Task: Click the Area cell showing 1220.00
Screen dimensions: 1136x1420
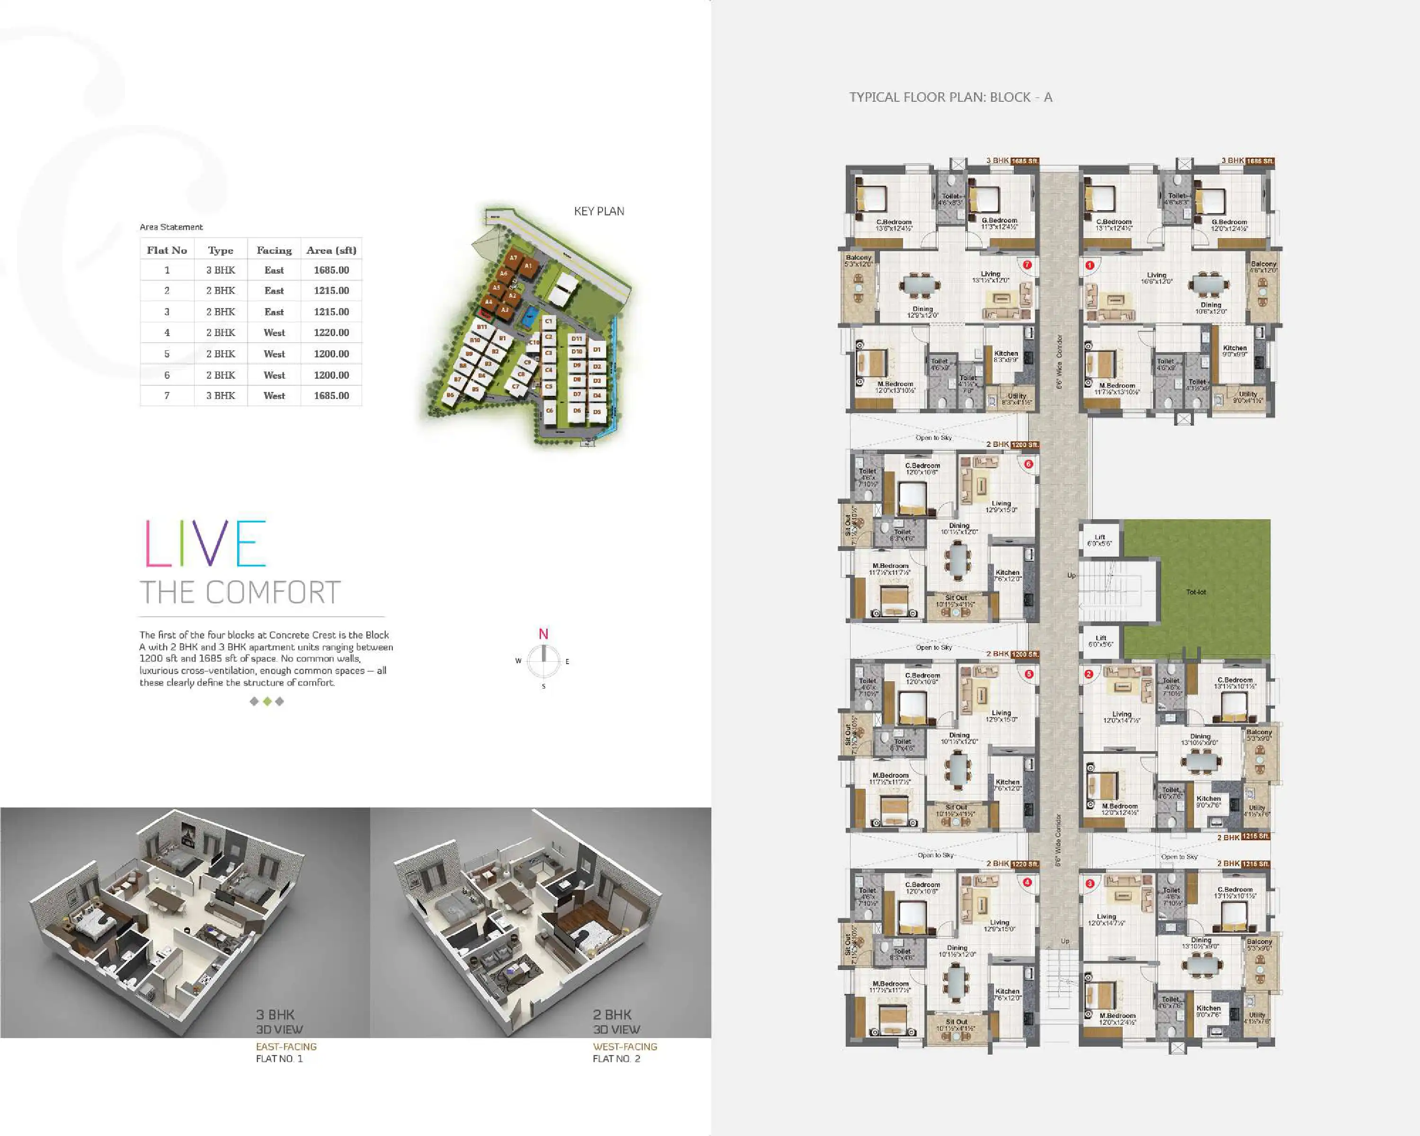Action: (331, 333)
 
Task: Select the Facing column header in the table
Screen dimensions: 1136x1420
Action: (274, 250)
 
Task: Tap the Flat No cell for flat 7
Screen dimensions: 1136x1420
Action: (167, 396)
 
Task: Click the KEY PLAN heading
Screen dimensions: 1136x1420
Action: (599, 212)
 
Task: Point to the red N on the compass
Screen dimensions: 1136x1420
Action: (543, 634)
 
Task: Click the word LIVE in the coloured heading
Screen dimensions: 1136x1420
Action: (205, 544)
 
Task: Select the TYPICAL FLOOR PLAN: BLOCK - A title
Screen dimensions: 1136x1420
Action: (950, 98)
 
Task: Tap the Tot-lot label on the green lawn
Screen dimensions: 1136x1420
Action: (1196, 592)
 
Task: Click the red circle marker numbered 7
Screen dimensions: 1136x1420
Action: (1027, 266)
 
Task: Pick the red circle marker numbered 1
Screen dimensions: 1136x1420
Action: (1089, 266)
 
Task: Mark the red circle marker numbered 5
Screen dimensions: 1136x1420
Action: (1029, 674)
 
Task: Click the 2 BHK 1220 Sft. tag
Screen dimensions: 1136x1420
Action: (1012, 863)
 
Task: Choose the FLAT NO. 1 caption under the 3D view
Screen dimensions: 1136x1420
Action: (279, 1059)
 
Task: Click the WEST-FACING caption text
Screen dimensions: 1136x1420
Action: (624, 1047)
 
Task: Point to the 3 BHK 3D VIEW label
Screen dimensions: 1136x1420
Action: (279, 1021)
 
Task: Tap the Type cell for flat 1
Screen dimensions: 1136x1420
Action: (221, 270)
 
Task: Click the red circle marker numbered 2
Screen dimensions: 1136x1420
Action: (1089, 674)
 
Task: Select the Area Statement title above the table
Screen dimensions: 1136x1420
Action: (171, 227)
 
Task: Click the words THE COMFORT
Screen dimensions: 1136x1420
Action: (240, 593)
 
